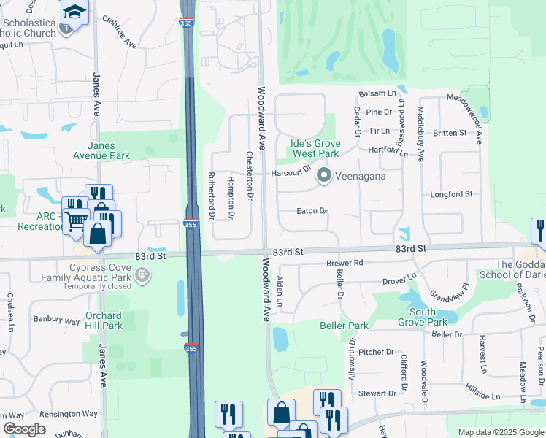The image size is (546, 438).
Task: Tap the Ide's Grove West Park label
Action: (x=315, y=149)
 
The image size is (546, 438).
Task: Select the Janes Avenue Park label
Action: (x=101, y=150)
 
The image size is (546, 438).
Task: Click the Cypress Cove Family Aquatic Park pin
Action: (x=143, y=275)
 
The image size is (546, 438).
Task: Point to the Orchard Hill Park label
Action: (x=103, y=320)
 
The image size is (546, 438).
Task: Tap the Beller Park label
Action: (x=344, y=325)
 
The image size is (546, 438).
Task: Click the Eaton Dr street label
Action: (x=312, y=211)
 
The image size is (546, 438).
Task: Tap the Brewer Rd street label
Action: (x=345, y=263)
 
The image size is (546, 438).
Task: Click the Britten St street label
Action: (x=449, y=133)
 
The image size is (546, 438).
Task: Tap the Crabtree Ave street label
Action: (x=120, y=32)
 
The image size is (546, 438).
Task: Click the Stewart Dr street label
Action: (x=377, y=393)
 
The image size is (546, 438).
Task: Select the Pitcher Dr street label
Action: (x=376, y=352)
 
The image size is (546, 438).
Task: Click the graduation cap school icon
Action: (x=74, y=12)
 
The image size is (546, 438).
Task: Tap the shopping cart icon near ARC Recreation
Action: (x=76, y=220)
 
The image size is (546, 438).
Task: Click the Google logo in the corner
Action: (x=24, y=429)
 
